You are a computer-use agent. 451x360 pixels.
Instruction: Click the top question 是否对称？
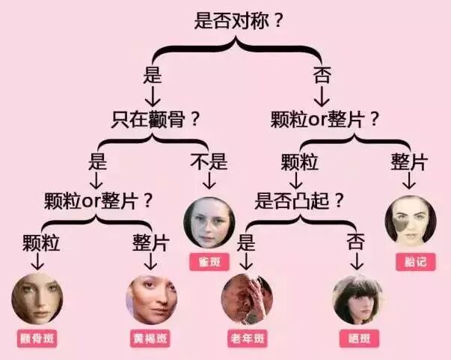tap(239, 20)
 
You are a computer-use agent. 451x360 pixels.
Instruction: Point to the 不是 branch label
tap(209, 162)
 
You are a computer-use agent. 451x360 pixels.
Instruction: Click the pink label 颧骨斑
tap(37, 338)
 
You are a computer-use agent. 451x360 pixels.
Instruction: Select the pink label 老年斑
tap(246, 338)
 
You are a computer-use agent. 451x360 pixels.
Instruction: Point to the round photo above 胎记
tap(411, 222)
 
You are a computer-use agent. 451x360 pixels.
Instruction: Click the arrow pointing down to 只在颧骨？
tap(153, 97)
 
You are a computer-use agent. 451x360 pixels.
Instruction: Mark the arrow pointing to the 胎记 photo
tap(410, 181)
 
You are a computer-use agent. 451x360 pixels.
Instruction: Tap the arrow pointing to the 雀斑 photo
tap(209, 181)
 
